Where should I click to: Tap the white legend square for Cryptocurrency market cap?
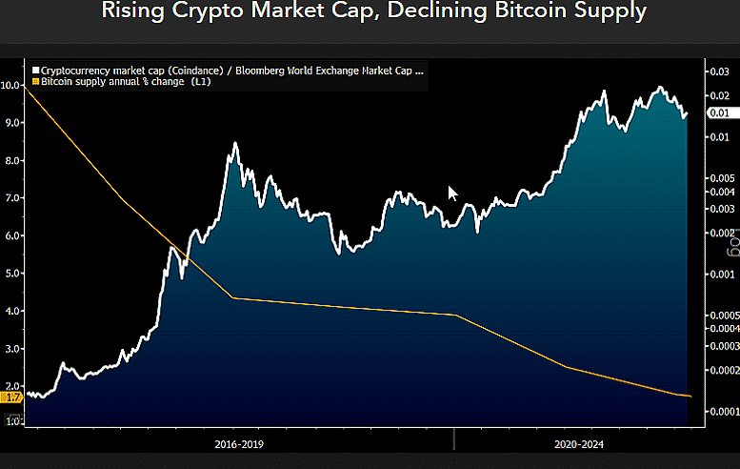coord(35,71)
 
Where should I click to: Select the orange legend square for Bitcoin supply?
coord(35,82)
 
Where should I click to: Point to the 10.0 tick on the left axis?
coord(11,85)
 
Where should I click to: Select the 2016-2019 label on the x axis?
coord(239,444)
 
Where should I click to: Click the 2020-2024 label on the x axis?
coord(578,444)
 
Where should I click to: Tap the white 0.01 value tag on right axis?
coord(718,113)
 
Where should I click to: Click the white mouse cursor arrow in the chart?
coord(452,193)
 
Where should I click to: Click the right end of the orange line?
coord(690,396)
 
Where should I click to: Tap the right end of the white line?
coord(687,114)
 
